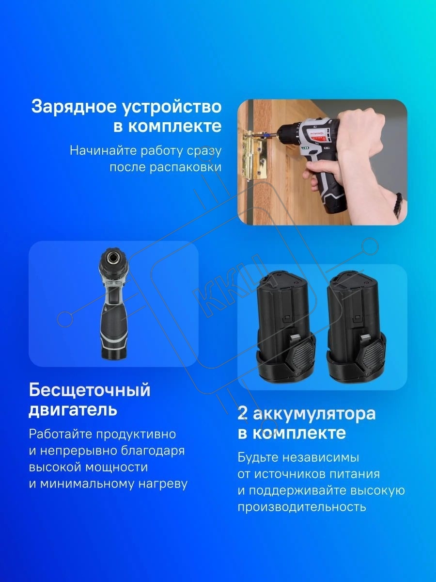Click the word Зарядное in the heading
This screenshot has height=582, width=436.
tap(74, 107)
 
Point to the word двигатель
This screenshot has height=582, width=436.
tap(73, 410)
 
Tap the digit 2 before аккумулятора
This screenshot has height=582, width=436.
tap(243, 414)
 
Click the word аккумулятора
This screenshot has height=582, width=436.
tap(314, 414)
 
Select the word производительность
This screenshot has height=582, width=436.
tap(302, 507)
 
